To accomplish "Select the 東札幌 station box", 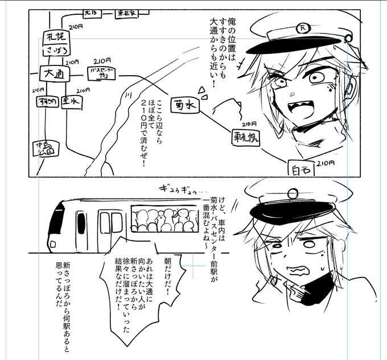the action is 245,137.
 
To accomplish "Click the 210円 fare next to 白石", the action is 326,164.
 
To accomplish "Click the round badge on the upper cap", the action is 302,27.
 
